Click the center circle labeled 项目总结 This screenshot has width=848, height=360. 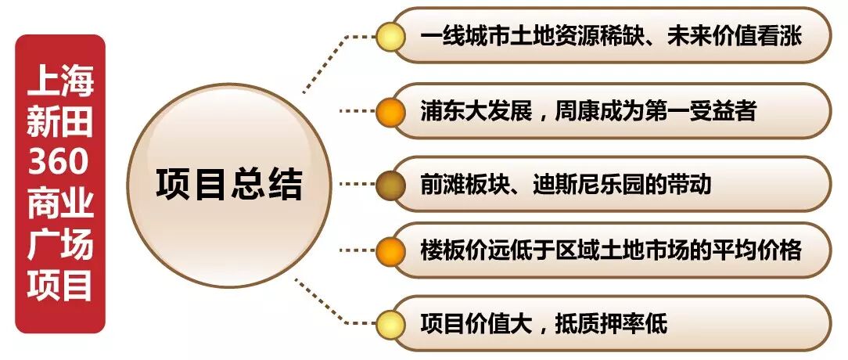[228, 185]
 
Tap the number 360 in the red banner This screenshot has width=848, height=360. [60, 163]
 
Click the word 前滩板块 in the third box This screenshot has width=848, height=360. [458, 185]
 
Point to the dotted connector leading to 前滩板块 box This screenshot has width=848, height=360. [356, 185]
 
